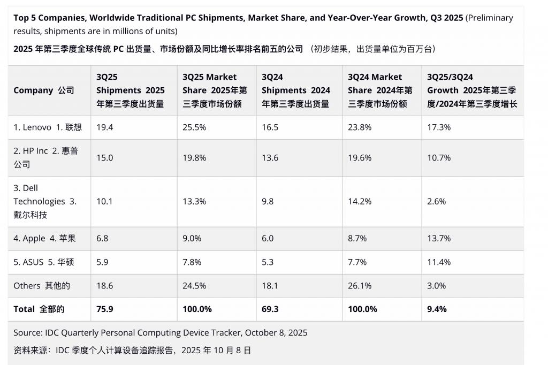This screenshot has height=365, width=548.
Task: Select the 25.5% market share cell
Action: click(193, 127)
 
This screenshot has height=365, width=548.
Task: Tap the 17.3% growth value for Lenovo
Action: click(439, 127)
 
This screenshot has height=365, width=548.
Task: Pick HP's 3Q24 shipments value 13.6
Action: click(271, 158)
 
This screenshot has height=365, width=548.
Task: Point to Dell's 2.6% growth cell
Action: click(436, 202)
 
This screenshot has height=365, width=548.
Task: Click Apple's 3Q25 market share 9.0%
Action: click(191, 238)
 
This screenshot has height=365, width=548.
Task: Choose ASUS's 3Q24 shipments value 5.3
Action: click(268, 262)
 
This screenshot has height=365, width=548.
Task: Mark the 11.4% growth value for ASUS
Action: click(439, 262)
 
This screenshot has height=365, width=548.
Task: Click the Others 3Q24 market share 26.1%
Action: click(359, 286)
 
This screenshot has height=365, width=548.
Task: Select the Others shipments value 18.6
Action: click(104, 286)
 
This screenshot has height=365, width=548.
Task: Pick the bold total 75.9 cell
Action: click(104, 309)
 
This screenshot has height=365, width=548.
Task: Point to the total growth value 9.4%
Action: click(437, 309)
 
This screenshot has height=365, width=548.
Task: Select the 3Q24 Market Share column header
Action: click(380, 90)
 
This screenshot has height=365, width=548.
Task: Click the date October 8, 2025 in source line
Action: click(276, 333)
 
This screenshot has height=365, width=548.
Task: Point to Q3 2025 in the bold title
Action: click(446, 18)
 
